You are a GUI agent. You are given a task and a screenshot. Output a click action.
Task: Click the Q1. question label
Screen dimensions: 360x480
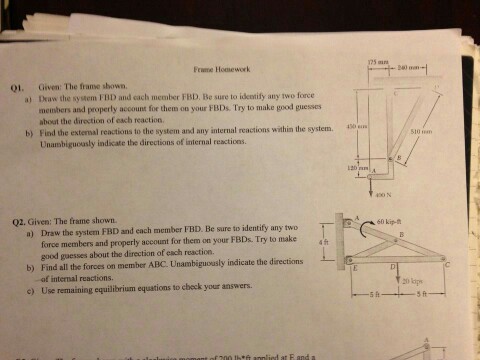tap(15, 88)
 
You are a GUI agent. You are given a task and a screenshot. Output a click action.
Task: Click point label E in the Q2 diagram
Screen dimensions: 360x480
tap(352, 269)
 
